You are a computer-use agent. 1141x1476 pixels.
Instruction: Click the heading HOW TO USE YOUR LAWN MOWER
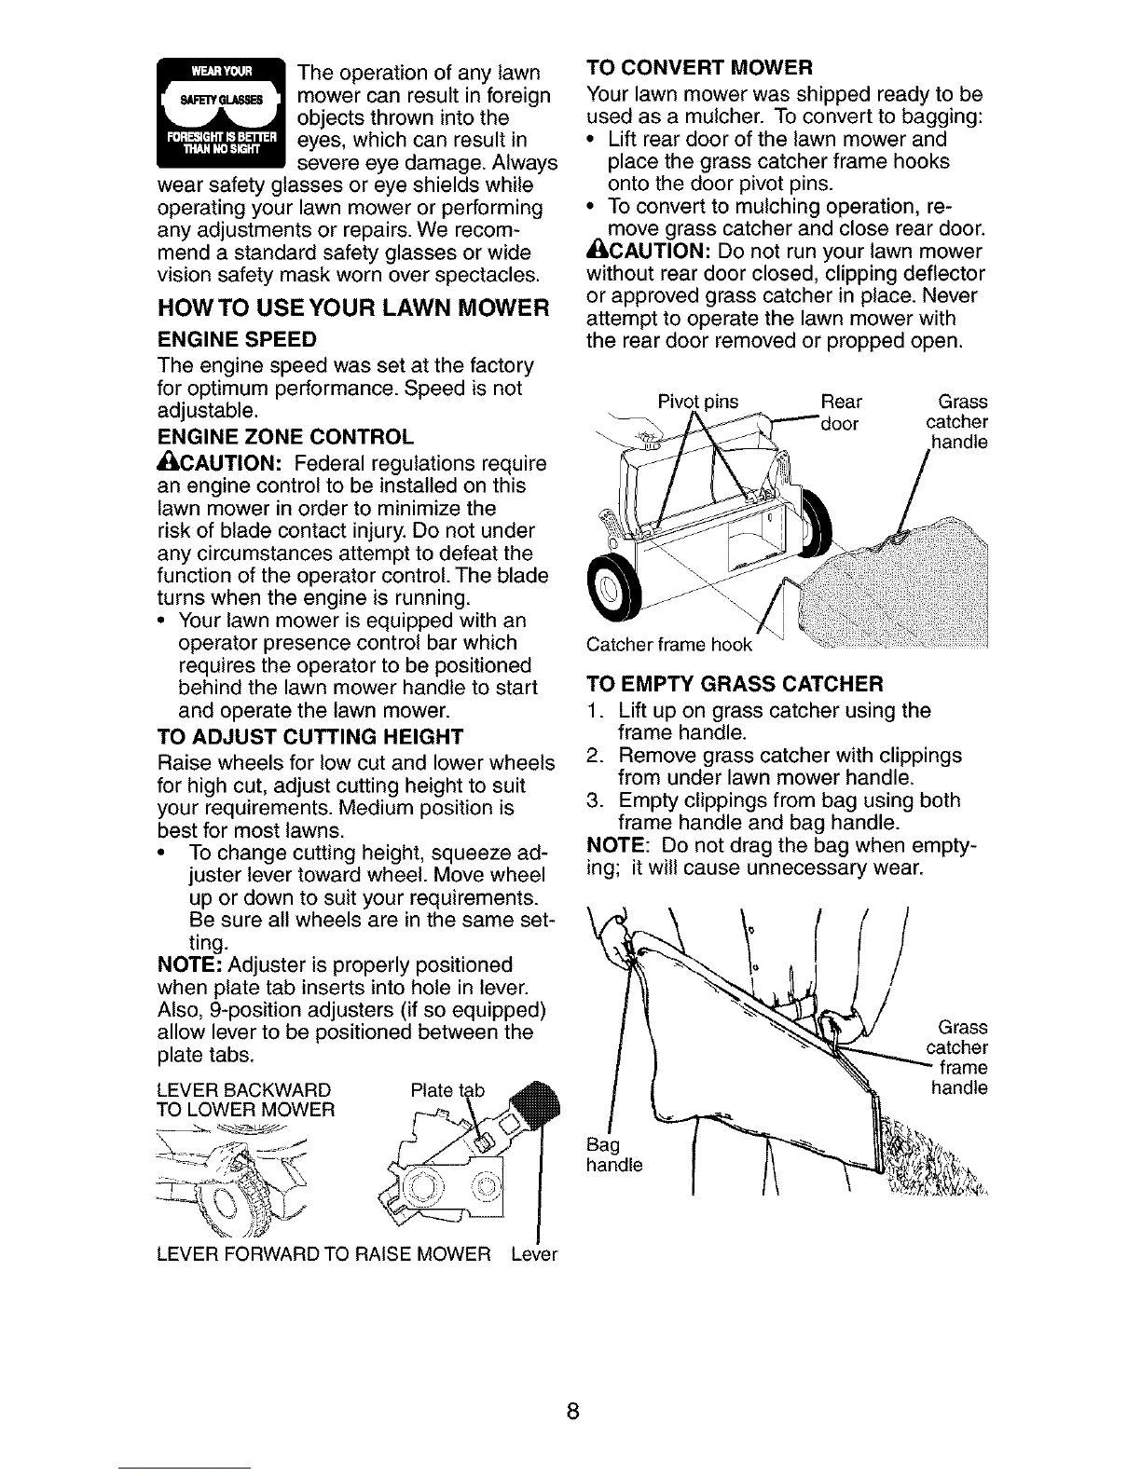tap(351, 307)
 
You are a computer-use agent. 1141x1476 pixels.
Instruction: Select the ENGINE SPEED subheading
tap(238, 338)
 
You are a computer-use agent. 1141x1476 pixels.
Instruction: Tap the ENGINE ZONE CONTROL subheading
tap(286, 438)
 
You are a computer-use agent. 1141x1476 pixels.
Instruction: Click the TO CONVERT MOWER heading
tap(700, 68)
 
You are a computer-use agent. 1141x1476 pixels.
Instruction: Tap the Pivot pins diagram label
tap(698, 403)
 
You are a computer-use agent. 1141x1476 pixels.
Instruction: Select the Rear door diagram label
tap(841, 412)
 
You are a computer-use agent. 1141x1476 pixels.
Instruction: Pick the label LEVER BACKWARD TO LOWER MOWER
tap(245, 1100)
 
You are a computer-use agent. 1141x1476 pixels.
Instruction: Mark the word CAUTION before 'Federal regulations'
tap(217, 463)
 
